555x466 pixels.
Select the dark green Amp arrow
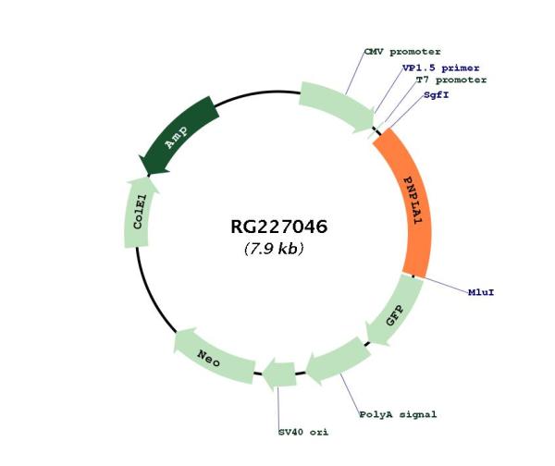click(x=179, y=137)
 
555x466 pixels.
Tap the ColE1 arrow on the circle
click(x=139, y=213)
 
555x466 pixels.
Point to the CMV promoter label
click(x=401, y=52)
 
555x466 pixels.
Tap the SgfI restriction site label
click(x=437, y=94)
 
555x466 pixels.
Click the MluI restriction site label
click(x=481, y=294)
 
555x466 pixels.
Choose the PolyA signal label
click(x=398, y=415)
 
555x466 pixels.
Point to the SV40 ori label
click(x=303, y=432)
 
